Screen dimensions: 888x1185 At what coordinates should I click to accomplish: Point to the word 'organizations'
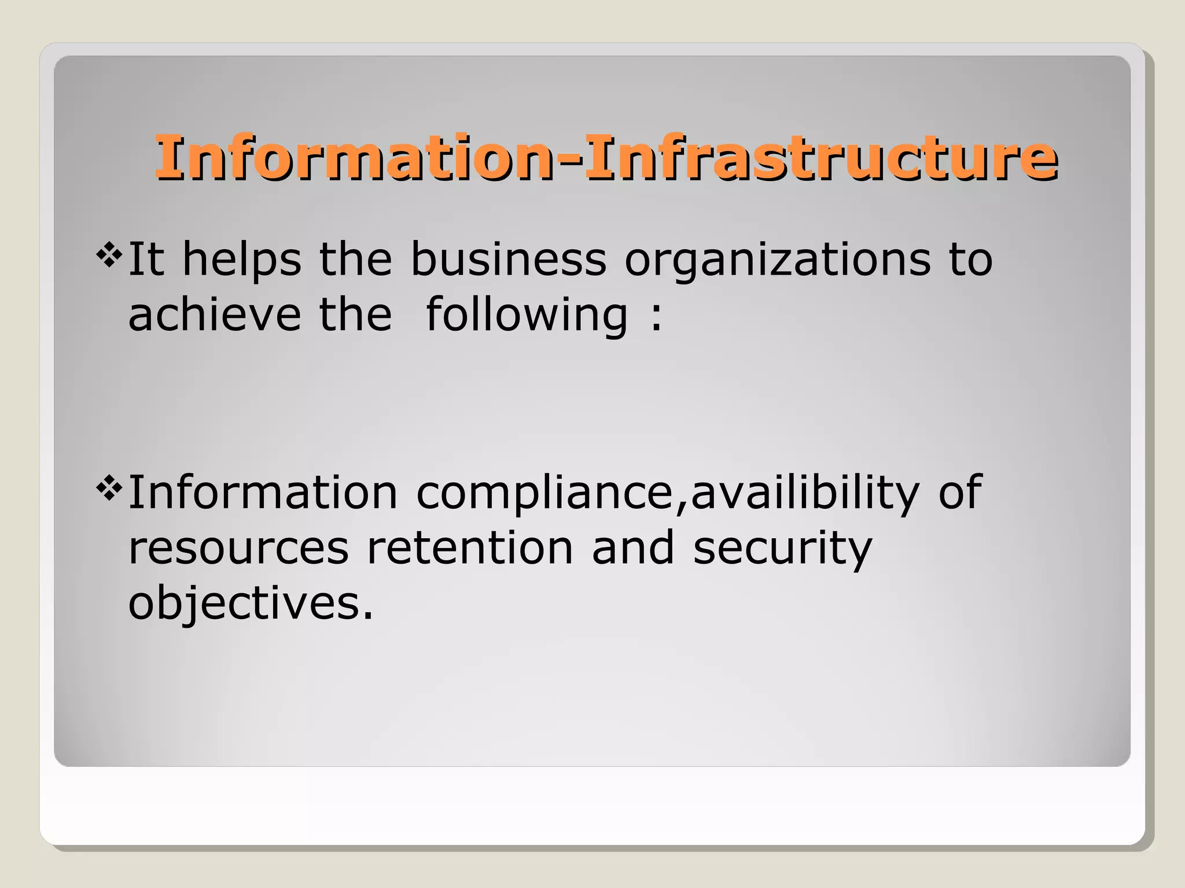click(777, 260)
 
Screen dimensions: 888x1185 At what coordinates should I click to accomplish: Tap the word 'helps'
click(241, 260)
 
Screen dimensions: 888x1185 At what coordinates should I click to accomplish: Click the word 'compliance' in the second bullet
click(544, 493)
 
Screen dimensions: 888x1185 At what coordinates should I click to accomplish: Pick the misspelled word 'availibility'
click(805, 493)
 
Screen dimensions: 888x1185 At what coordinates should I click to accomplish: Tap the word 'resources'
click(238, 548)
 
